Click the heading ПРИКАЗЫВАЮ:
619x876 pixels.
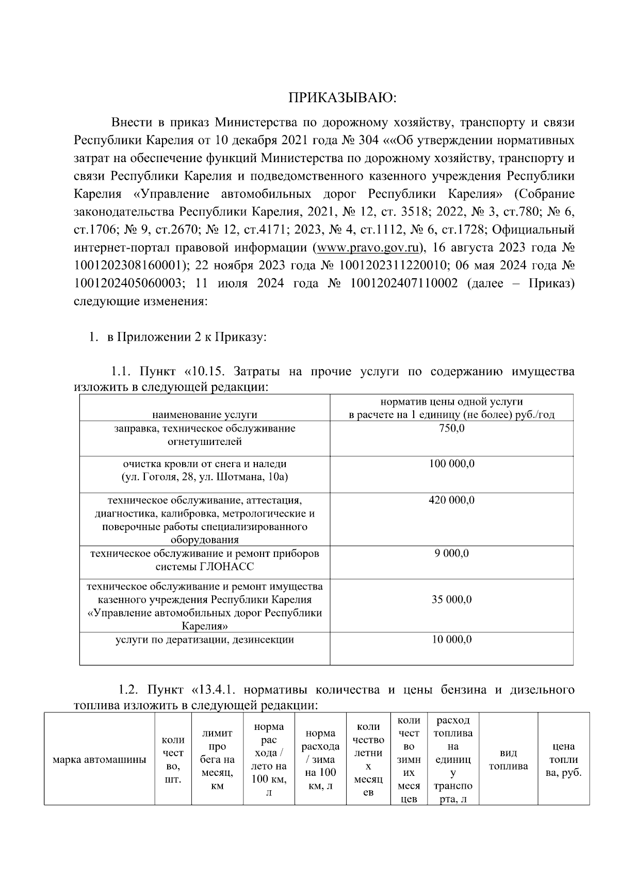click(x=343, y=98)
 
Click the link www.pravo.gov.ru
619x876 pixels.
click(x=367, y=247)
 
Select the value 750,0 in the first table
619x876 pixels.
click(x=451, y=428)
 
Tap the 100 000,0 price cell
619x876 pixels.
click(x=451, y=464)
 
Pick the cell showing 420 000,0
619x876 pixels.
click(x=451, y=500)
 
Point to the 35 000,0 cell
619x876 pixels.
click(x=451, y=600)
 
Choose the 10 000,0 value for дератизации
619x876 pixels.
click(x=451, y=640)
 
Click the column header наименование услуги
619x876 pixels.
click(x=205, y=415)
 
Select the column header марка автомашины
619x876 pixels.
click(x=100, y=759)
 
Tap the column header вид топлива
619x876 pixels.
click(x=509, y=759)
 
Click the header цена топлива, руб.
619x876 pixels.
click(x=563, y=759)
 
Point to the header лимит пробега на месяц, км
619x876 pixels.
click(x=217, y=759)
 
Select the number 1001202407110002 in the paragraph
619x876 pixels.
click(x=404, y=283)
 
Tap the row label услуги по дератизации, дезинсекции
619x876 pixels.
click(x=205, y=640)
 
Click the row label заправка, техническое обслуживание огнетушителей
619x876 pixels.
click(x=205, y=435)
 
